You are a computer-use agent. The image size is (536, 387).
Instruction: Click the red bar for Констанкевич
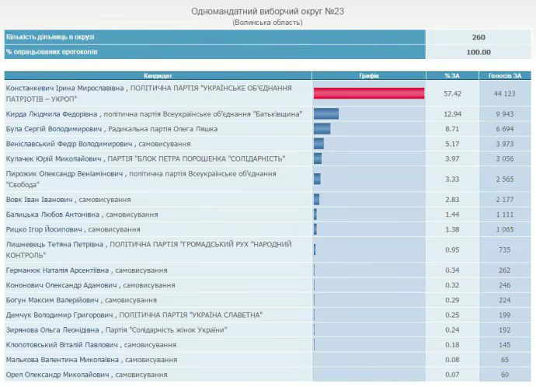[369, 93]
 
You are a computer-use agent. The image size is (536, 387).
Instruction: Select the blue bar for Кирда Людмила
[326, 113]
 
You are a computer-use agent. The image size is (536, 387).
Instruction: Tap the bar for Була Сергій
[322, 128]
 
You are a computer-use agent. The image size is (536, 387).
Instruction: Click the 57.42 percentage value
[453, 93]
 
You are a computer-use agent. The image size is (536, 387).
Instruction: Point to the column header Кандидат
[158, 75]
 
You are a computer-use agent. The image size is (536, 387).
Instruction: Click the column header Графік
[369, 75]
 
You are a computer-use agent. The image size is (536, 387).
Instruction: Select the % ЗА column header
[453, 75]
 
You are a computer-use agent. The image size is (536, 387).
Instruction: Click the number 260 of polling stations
[479, 37]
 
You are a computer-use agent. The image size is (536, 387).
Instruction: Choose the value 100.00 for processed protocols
[479, 52]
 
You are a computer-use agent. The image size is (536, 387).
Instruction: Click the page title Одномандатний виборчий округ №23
[267, 11]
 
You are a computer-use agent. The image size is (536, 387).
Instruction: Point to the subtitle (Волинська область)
[267, 23]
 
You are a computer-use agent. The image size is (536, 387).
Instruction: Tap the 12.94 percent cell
[453, 113]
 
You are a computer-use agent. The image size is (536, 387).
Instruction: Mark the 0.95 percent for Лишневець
[453, 249]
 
